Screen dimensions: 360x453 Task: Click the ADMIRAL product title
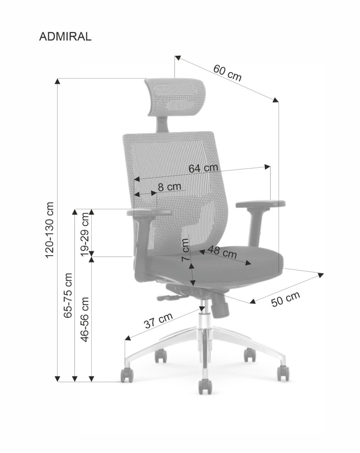[x=66, y=37]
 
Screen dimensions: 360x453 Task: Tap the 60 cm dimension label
[x=227, y=73]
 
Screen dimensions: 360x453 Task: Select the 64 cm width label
[x=203, y=168]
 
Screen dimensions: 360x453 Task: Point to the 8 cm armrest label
[x=170, y=187]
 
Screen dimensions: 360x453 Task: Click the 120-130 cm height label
[x=50, y=230]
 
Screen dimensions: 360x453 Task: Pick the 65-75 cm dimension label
[x=68, y=296]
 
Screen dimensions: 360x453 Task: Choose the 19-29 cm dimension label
[x=85, y=234]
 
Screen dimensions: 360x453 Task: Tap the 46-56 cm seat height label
[x=85, y=319]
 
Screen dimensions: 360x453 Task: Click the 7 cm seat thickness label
[x=186, y=250]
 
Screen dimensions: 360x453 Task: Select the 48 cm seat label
[x=222, y=252]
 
